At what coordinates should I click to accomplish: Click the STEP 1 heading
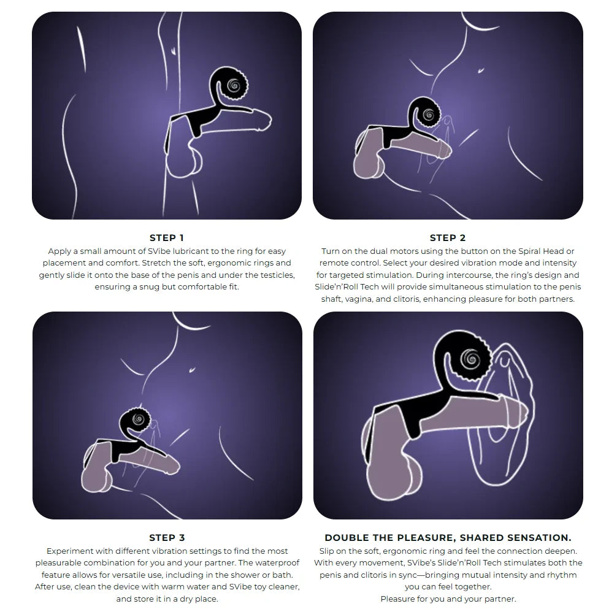[166, 238]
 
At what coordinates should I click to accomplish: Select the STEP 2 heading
[448, 238]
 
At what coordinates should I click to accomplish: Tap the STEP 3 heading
[167, 538]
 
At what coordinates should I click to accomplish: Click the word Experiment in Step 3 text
[70, 551]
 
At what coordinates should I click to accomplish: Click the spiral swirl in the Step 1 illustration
[234, 85]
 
